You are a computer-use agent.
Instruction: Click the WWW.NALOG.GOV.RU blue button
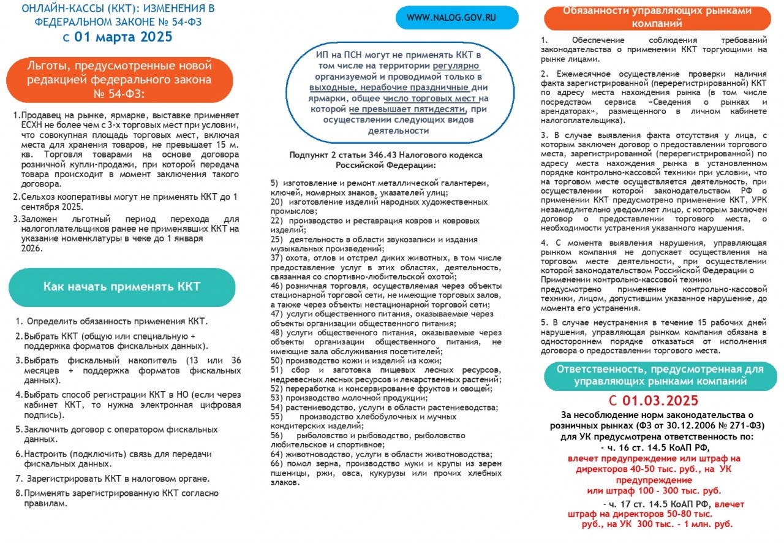coord(456,18)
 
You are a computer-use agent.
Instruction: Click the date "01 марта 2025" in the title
coord(123,37)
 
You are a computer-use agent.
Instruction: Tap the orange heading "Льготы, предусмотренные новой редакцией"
coord(119,80)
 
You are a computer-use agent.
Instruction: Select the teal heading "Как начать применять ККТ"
coord(121,287)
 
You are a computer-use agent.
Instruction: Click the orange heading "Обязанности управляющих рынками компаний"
coord(656,17)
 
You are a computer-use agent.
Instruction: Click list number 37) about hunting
coord(276,258)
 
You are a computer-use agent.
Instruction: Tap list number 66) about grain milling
coord(276,463)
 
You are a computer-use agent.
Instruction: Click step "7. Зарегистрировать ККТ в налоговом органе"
coord(112,479)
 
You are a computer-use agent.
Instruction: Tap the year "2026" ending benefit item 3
coord(31,249)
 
